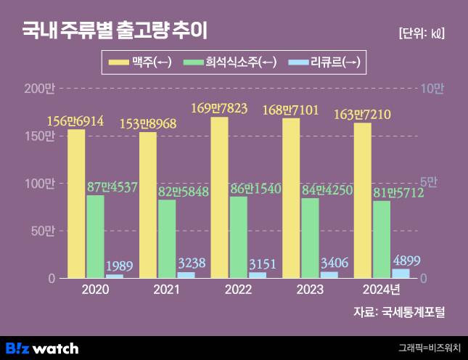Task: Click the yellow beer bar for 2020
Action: coord(76,204)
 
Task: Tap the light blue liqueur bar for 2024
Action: coord(401,274)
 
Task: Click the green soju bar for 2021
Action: coord(167,239)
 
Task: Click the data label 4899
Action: coord(406,261)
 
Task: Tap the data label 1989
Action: coord(119,266)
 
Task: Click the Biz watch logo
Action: coord(42,348)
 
